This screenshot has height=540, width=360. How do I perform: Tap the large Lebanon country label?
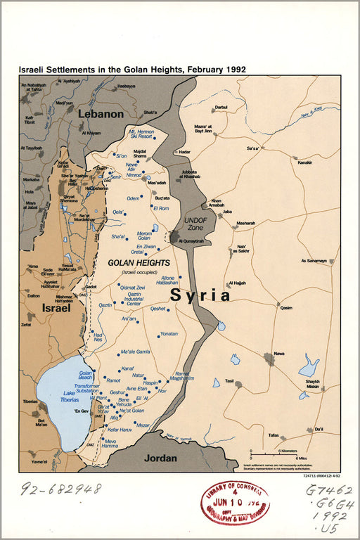(x=101, y=113)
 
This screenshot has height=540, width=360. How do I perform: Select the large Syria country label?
(x=200, y=295)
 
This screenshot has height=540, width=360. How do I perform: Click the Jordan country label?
(x=160, y=457)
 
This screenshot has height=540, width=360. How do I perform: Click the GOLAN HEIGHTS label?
(x=139, y=262)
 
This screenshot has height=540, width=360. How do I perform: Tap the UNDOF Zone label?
(x=195, y=224)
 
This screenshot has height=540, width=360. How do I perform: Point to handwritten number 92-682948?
(x=60, y=488)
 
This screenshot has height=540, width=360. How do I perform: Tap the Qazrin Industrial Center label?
(x=139, y=300)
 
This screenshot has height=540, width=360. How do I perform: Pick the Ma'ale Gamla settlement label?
(x=136, y=352)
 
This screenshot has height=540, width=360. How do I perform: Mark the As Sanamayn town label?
(x=314, y=260)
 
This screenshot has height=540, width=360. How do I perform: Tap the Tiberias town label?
(x=30, y=401)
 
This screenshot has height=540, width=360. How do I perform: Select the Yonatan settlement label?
(x=169, y=333)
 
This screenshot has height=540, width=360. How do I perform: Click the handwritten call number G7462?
(x=329, y=490)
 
